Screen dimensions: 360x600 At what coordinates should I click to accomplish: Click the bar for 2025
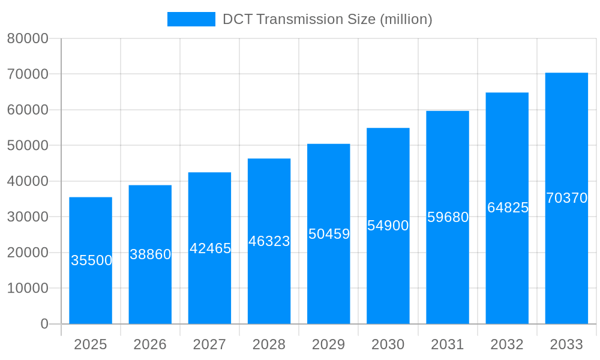[91, 288]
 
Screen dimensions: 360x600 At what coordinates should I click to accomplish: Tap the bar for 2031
[448, 270]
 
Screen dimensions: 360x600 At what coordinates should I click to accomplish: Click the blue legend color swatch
[191, 19]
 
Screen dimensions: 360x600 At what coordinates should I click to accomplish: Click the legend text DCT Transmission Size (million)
[327, 19]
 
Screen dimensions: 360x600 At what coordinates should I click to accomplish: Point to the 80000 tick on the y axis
[27, 38]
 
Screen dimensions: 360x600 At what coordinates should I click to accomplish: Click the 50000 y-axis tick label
[27, 146]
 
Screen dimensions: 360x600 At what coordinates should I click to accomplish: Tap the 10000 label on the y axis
[27, 289]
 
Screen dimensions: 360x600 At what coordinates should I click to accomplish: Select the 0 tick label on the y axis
[44, 324]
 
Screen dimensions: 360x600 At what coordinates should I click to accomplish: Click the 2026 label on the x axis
[150, 344]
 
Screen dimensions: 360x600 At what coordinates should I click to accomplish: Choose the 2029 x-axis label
[328, 344]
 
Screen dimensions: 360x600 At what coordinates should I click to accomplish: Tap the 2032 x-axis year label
[507, 344]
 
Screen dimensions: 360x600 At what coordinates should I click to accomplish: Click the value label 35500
[91, 260]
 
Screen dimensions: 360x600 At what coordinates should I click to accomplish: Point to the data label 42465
[210, 248]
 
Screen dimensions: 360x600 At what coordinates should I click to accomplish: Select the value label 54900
[388, 226]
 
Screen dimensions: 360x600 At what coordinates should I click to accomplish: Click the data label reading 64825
[508, 208]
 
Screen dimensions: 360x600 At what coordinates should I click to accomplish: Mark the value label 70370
[566, 198]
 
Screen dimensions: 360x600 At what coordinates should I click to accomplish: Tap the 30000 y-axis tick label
[27, 217]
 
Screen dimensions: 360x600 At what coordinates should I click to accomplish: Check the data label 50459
[329, 234]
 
